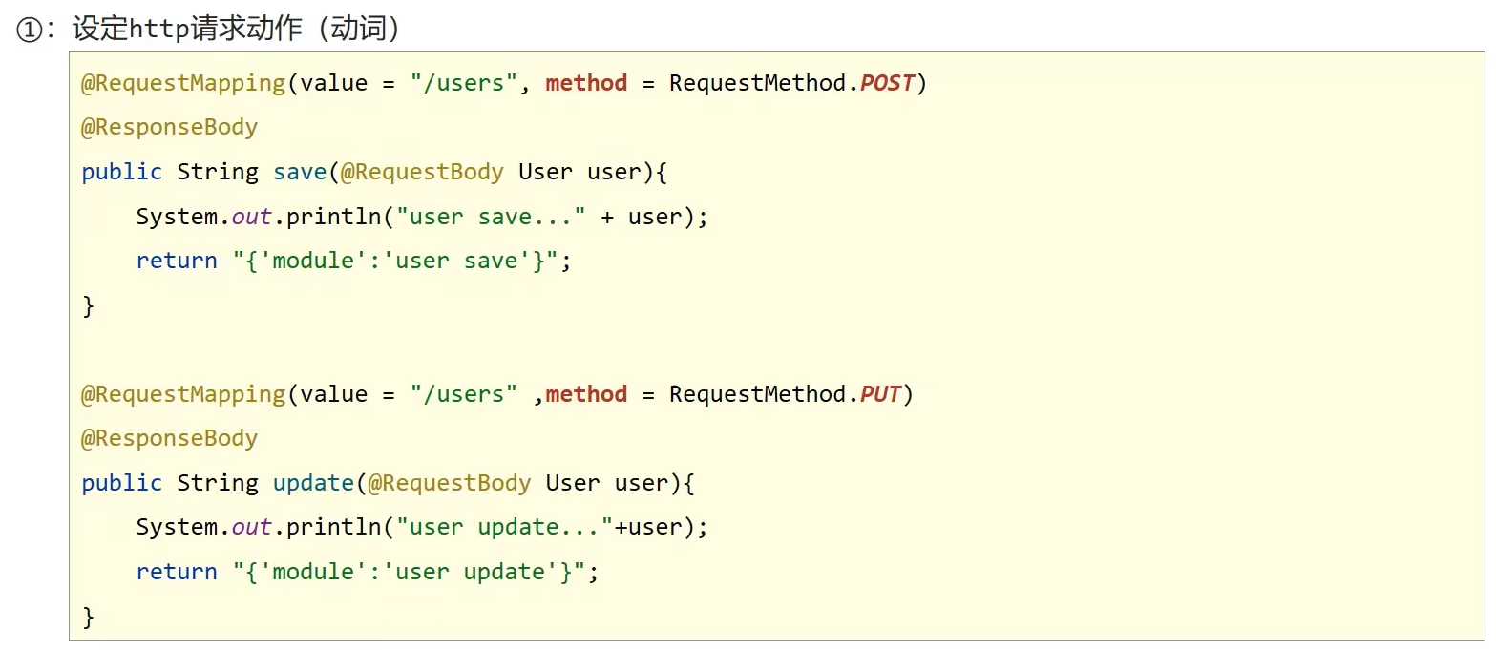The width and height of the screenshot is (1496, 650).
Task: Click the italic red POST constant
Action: [887, 83]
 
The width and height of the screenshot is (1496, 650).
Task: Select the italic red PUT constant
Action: [880, 394]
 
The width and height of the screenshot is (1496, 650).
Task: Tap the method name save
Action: [299, 173]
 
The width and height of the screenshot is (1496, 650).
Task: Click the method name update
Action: [313, 483]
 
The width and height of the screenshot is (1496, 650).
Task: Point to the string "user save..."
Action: [491, 217]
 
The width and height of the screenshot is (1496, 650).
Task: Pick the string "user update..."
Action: [504, 527]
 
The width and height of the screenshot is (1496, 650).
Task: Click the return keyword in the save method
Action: [177, 261]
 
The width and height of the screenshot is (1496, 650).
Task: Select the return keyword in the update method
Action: [177, 572]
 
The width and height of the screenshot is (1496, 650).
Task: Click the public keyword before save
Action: [121, 173]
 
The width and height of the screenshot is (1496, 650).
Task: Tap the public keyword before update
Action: [121, 483]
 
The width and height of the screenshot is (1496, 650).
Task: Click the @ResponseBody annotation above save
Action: [169, 128]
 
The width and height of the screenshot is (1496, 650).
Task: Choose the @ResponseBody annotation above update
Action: [169, 439]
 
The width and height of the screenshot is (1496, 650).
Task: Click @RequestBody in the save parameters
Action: [422, 173]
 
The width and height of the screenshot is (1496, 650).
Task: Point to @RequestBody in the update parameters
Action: [450, 483]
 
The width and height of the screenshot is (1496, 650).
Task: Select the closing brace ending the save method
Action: [88, 306]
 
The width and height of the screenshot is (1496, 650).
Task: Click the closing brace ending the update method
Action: [88, 617]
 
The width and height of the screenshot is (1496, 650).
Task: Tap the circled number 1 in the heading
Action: [29, 30]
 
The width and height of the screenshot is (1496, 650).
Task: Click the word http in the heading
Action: [158, 30]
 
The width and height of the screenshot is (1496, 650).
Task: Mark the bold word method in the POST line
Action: [586, 83]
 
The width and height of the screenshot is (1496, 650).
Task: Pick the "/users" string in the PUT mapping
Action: [464, 394]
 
